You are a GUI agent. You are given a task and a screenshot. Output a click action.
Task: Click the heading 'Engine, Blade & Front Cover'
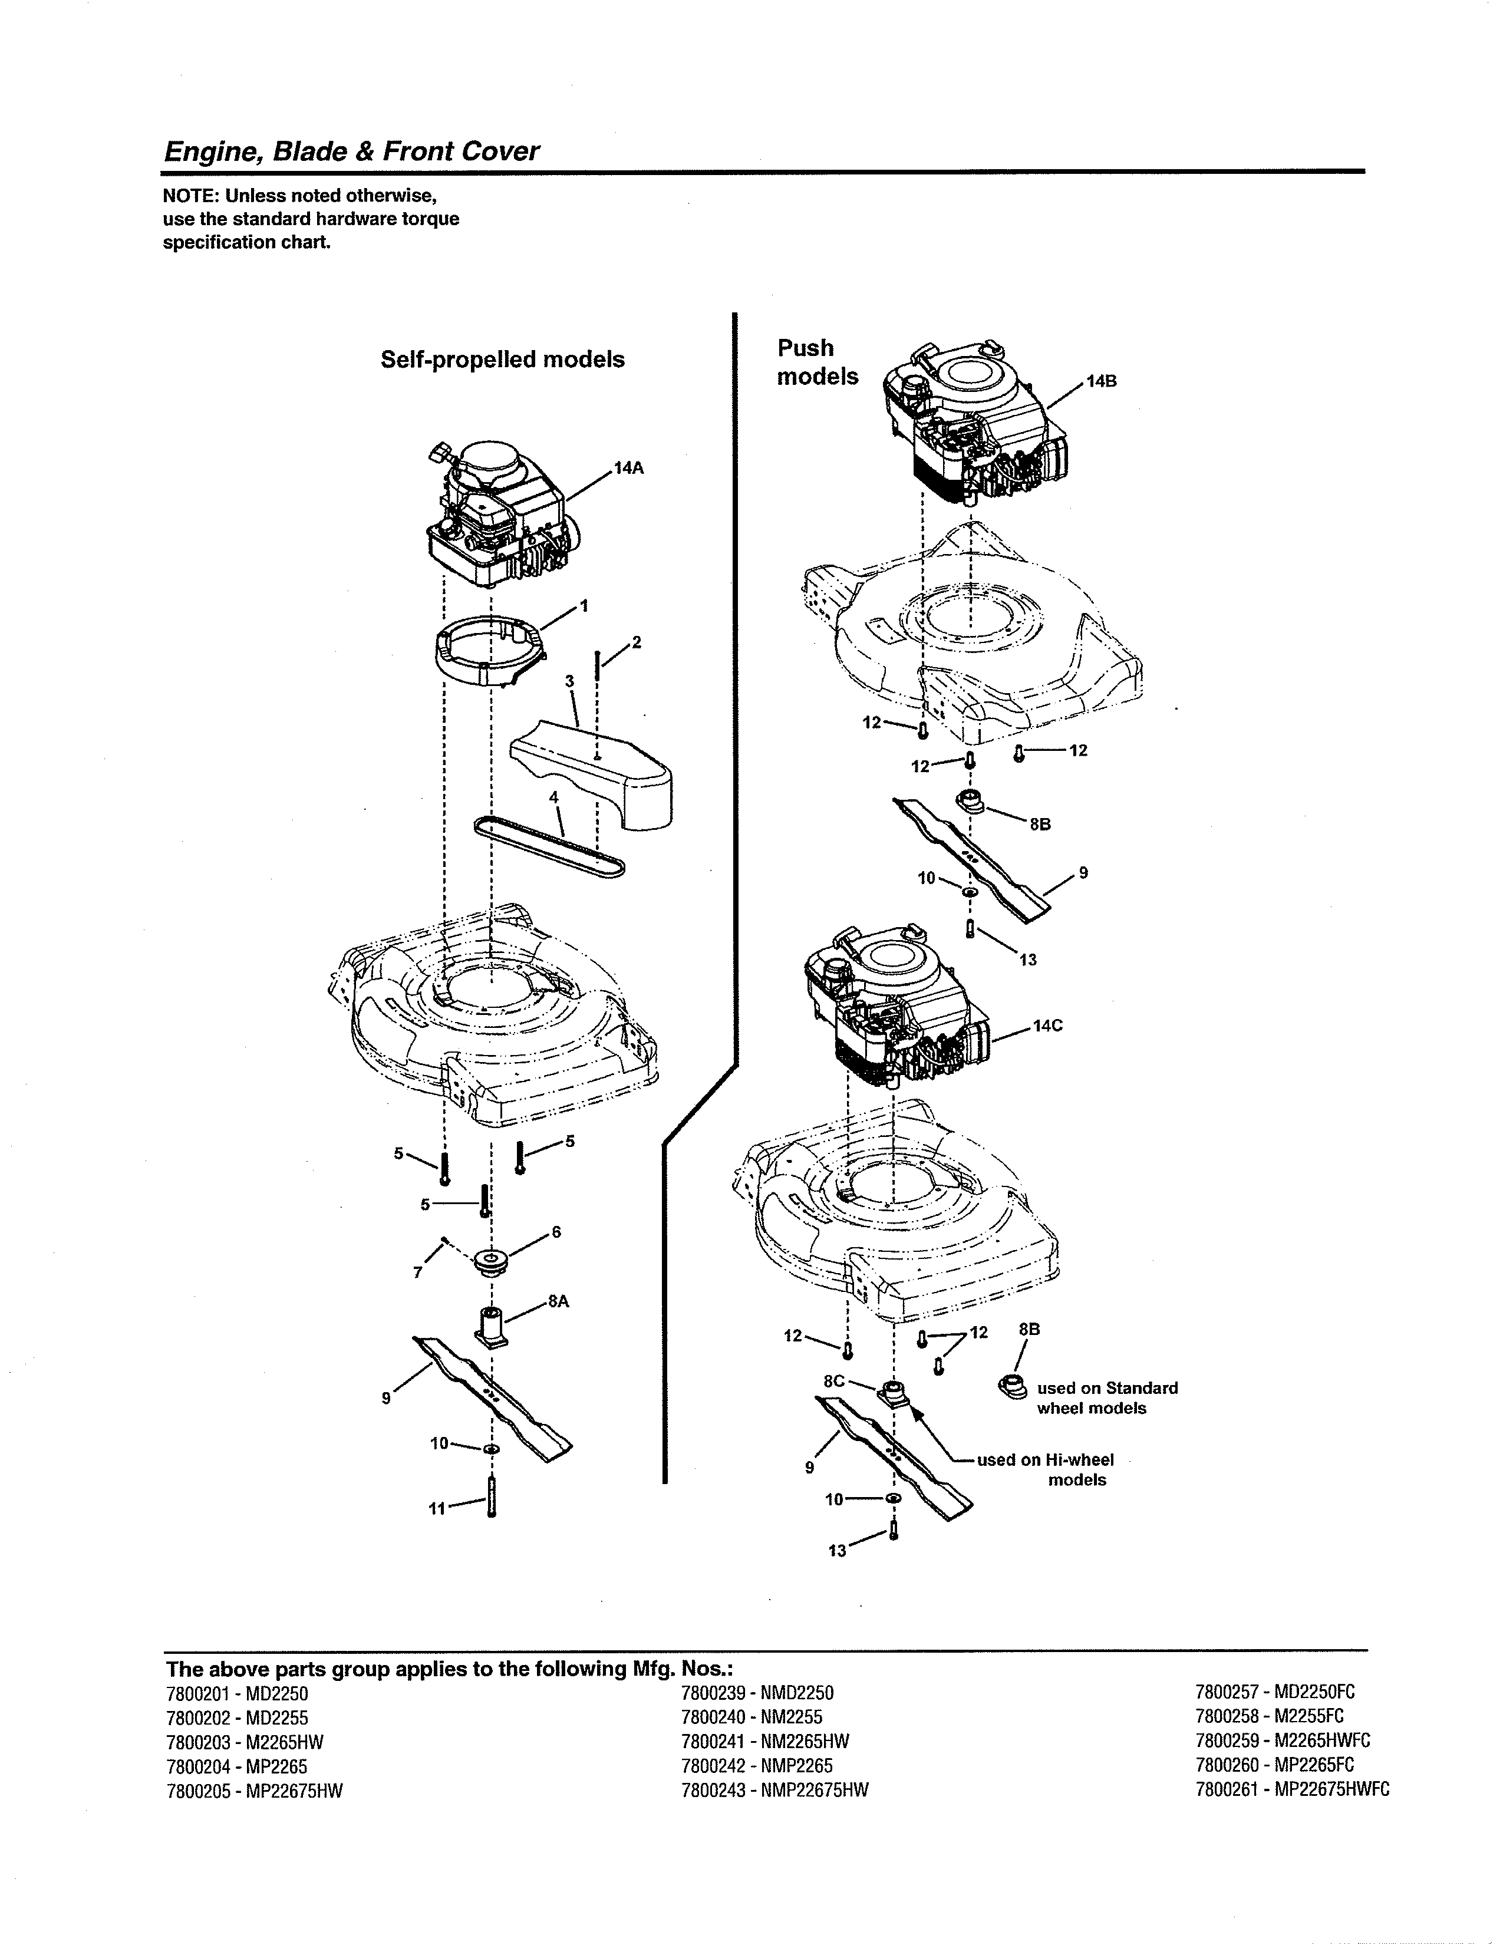click(x=351, y=151)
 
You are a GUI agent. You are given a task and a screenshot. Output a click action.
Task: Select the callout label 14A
click(x=629, y=469)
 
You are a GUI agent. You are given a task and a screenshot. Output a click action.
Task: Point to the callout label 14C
click(x=1047, y=1026)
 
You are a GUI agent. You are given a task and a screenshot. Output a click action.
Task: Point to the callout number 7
click(x=418, y=1273)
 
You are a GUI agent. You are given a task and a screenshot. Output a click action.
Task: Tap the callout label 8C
click(x=833, y=1382)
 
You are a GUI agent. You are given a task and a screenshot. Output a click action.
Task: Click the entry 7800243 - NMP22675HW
click(x=774, y=1790)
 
